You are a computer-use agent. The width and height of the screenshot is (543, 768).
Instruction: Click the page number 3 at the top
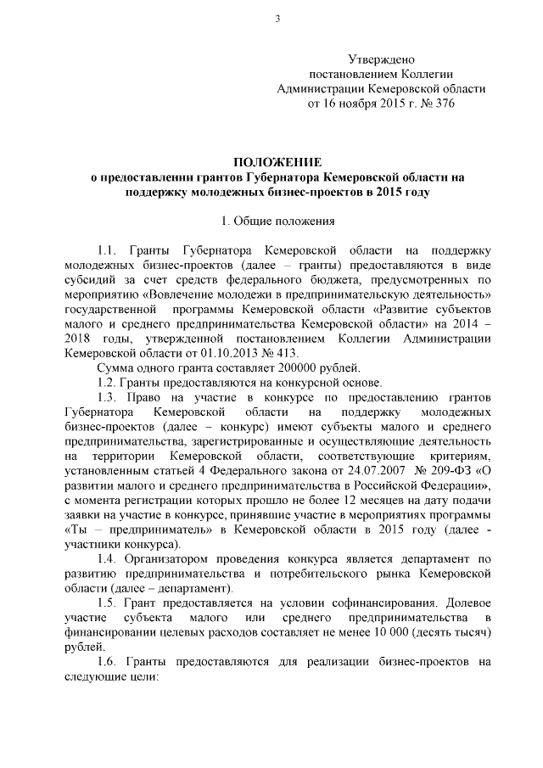tap(277, 20)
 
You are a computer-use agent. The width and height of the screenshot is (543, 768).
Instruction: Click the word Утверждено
tap(381, 59)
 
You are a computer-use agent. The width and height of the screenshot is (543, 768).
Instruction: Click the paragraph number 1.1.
tap(109, 251)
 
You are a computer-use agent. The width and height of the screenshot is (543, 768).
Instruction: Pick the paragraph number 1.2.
tap(108, 382)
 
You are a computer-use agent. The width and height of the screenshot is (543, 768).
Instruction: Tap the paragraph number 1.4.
tap(109, 559)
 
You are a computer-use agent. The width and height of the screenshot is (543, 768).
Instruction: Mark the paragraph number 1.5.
tap(109, 603)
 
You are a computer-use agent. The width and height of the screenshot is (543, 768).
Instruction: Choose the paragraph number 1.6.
tap(109, 661)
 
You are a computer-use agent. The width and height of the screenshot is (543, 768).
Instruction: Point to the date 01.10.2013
tap(228, 353)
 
